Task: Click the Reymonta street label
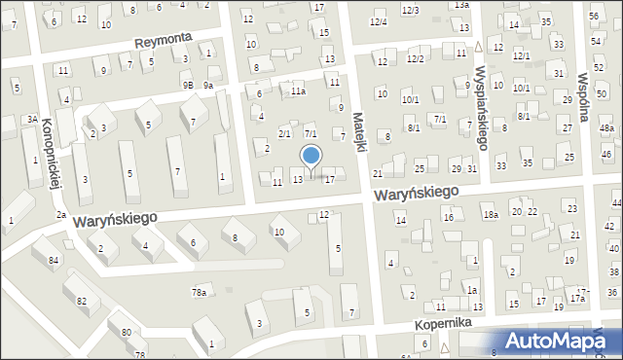pyautogui.click(x=164, y=40)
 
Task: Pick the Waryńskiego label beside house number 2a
pyautogui.click(x=115, y=222)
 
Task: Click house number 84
pyautogui.click(x=54, y=260)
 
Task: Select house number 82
pyautogui.click(x=82, y=301)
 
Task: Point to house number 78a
pyautogui.click(x=199, y=292)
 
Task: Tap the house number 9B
pyautogui.click(x=187, y=85)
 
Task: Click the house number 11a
pyautogui.click(x=298, y=91)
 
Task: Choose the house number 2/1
pyautogui.click(x=284, y=132)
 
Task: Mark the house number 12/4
pyautogui.click(x=378, y=22)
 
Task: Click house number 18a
pyautogui.click(x=491, y=214)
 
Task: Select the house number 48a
pyautogui.click(x=606, y=128)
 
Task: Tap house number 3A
pyautogui.click(x=32, y=120)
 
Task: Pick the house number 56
pyautogui.click(x=594, y=17)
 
